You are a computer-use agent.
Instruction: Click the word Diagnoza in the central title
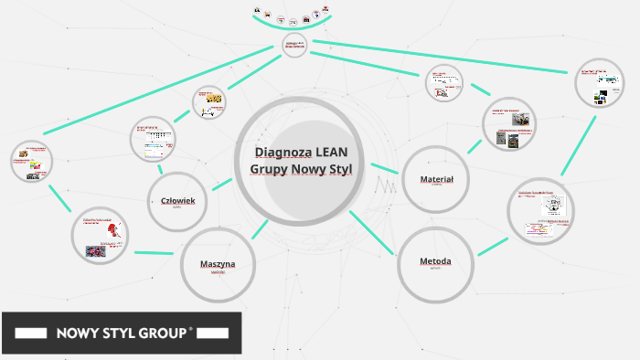282,152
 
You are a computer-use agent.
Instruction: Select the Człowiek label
177,200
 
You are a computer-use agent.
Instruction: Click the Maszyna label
218,264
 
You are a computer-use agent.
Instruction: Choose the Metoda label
435,261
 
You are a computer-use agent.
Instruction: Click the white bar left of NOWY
32,334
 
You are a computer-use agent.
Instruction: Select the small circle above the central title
293,45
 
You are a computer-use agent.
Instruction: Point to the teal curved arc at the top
291,26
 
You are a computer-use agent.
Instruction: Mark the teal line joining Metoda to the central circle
371,232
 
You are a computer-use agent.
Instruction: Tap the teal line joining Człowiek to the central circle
221,184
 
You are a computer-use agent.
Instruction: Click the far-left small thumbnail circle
32,162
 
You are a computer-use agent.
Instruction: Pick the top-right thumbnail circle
600,84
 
